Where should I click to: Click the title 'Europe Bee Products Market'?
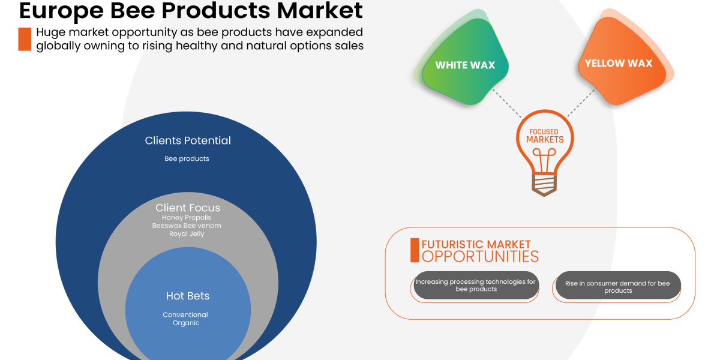191,10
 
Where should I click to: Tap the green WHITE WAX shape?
465,65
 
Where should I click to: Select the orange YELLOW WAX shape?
619,63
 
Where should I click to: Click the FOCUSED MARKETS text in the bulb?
545,136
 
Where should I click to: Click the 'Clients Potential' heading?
188,140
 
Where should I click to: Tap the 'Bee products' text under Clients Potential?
187,159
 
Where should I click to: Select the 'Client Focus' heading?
188,208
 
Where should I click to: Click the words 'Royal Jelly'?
187,234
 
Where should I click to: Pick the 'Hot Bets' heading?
188,296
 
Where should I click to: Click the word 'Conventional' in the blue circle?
185,314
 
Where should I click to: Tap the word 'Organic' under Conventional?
185,323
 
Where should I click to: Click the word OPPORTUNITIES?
480,257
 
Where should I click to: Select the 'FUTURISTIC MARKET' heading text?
476,244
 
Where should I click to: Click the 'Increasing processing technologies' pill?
475,286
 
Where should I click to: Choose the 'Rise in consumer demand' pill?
618,286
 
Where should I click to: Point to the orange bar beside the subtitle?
25,39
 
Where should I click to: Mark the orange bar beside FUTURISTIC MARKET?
415,250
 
